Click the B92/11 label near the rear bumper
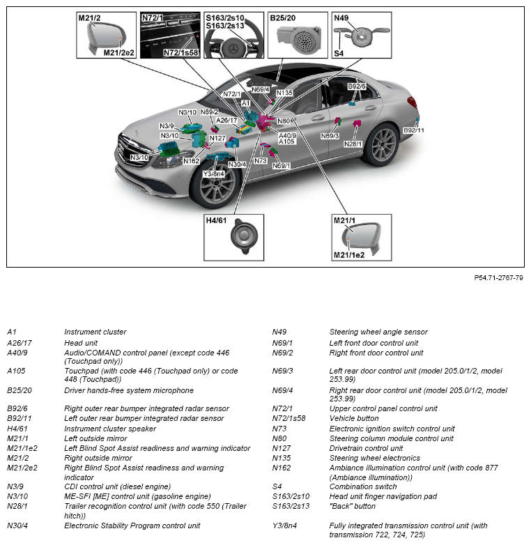click(x=413, y=130)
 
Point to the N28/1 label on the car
click(x=353, y=144)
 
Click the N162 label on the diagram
click(x=191, y=161)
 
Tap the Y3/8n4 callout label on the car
click(x=213, y=174)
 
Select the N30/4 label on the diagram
click(x=237, y=164)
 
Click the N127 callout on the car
click(x=218, y=138)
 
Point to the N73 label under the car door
click(x=261, y=160)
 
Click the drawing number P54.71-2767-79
click(x=498, y=277)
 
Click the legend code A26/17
click(x=20, y=343)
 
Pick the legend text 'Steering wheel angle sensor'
click(x=378, y=332)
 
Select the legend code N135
click(x=281, y=458)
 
